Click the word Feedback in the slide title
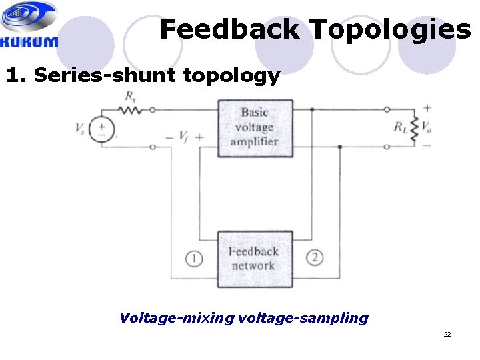point(229,30)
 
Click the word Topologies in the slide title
point(390,30)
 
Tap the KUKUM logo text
point(29,42)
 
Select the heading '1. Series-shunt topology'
point(143,75)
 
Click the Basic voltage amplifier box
point(255,127)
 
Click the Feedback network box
point(253,259)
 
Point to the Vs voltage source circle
point(102,128)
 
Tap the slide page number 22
point(447,334)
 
